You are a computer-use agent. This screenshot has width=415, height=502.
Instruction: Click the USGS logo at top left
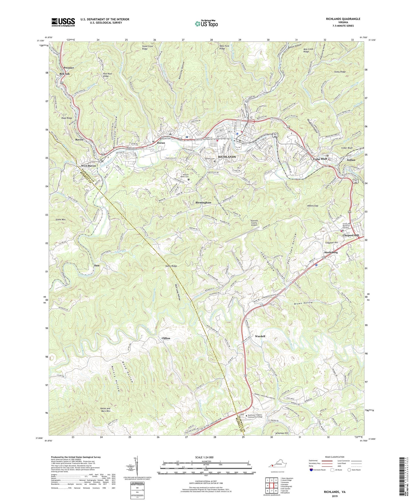pyautogui.click(x=63, y=22)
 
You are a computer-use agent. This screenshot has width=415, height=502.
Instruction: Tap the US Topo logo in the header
pyautogui.click(x=206, y=24)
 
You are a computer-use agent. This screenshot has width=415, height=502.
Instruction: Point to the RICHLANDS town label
pyautogui.click(x=227, y=157)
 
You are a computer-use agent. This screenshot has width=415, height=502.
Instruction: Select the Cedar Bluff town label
pyautogui.click(x=320, y=159)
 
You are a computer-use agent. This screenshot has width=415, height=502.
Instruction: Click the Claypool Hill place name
pyautogui.click(x=351, y=235)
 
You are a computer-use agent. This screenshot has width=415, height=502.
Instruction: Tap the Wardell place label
pyautogui.click(x=260, y=336)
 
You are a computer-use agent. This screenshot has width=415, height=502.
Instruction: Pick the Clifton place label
pyautogui.click(x=166, y=338)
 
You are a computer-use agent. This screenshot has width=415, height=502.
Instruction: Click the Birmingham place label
pyautogui.click(x=203, y=203)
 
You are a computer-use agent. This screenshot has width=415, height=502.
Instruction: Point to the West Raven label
pyautogui.click(x=88, y=166)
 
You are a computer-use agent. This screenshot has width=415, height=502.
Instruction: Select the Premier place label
pyautogui.click(x=69, y=68)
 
